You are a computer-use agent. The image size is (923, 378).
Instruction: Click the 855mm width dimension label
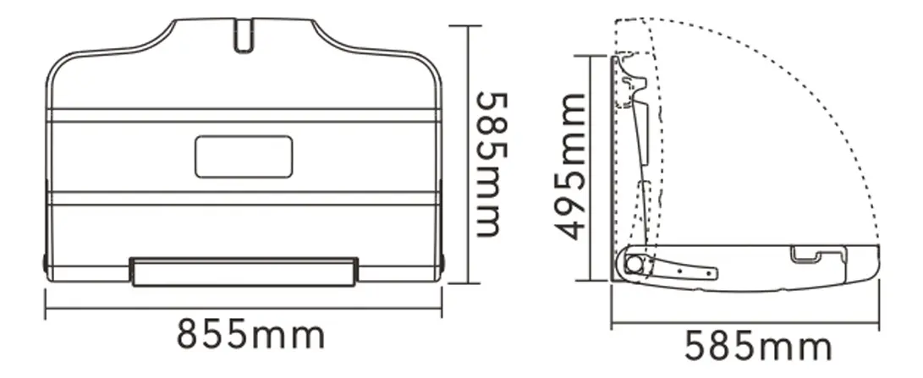tap(250, 334)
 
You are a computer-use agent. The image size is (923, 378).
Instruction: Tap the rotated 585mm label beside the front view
tap(492, 164)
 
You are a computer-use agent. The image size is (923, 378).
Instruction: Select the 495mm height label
tap(571, 167)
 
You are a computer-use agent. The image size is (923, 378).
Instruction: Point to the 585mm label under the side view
tap(757, 346)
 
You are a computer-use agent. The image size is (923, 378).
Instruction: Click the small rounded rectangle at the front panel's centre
tap(244, 156)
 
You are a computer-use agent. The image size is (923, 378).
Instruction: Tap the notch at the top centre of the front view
tap(244, 36)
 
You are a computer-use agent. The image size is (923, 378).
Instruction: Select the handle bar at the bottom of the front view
tap(244, 272)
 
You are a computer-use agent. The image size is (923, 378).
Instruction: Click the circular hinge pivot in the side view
tap(634, 264)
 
